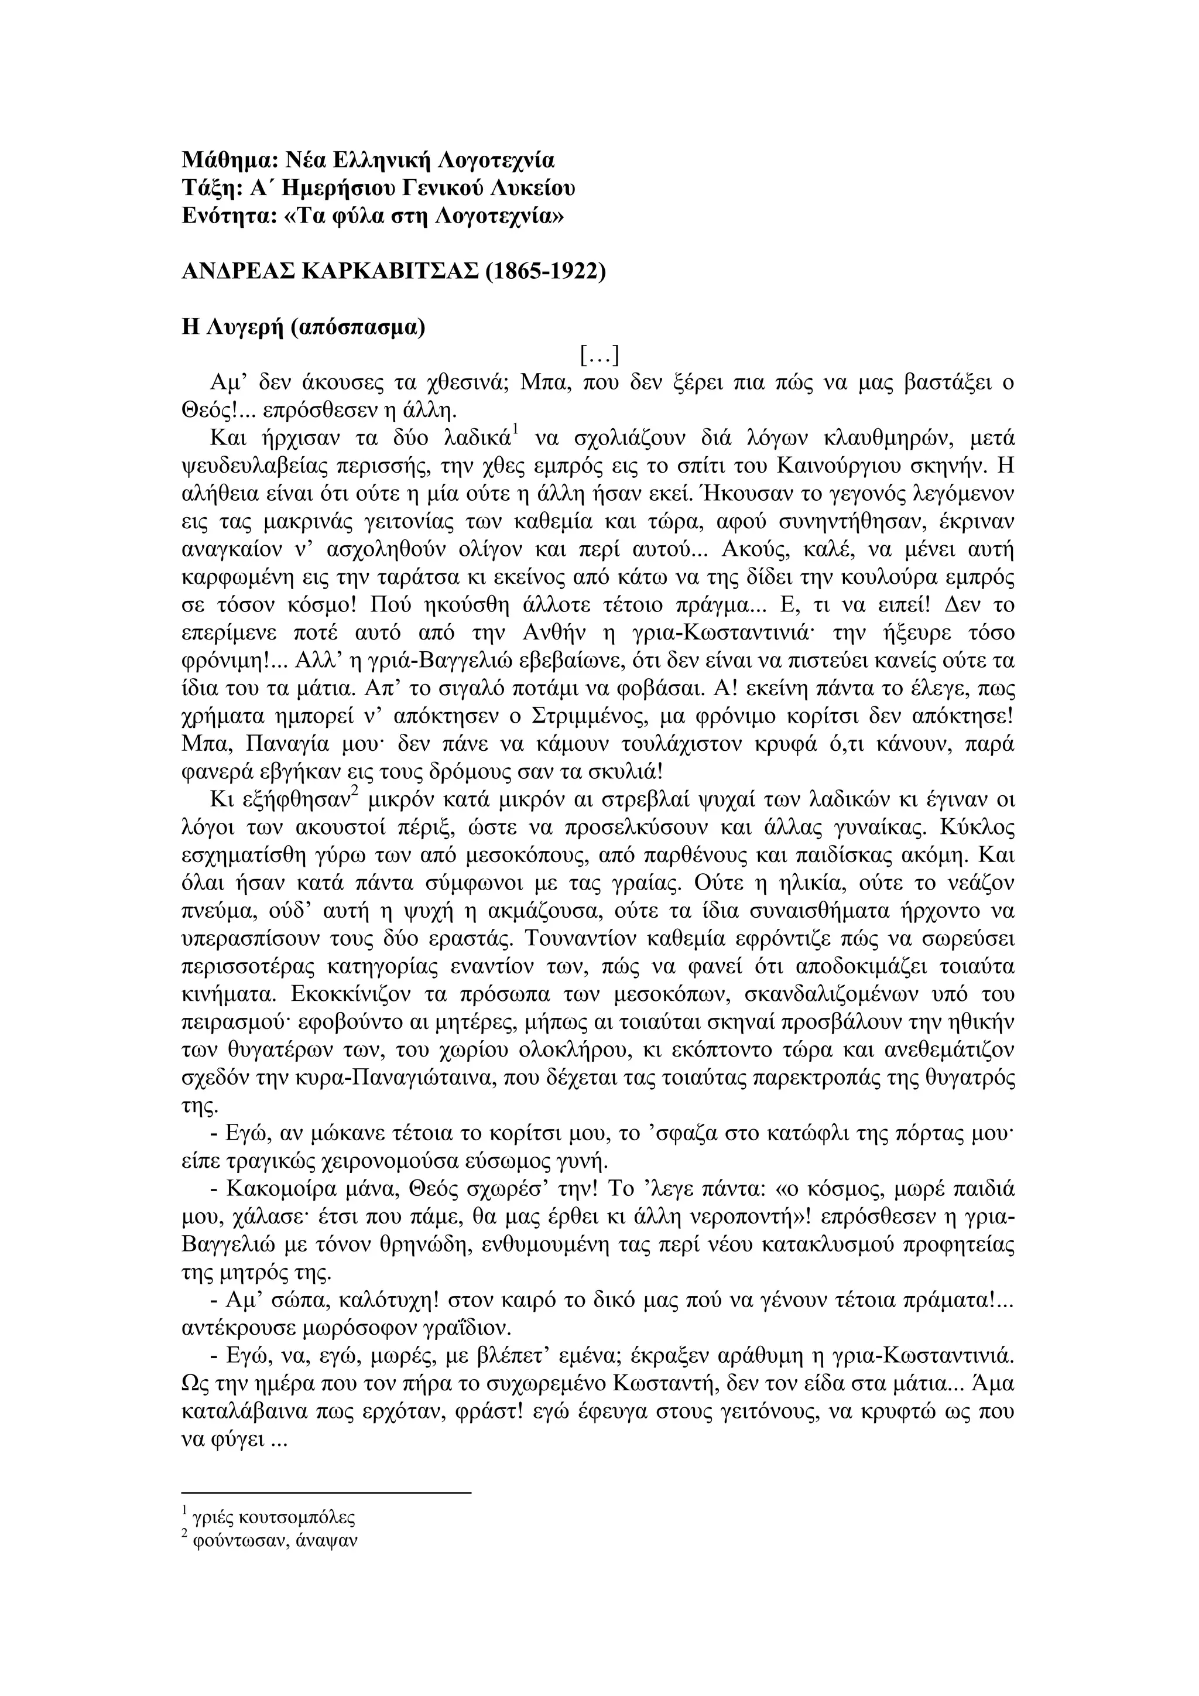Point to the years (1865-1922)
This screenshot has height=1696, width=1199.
(x=546, y=272)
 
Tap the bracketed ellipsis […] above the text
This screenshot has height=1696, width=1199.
(x=599, y=356)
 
